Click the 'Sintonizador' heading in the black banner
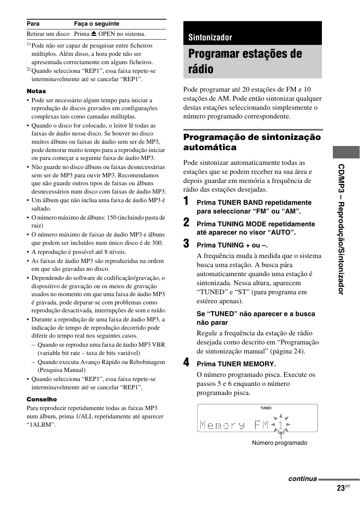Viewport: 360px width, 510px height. [210, 37]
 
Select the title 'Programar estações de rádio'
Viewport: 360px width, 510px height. [245, 61]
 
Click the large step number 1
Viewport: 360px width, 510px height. [186, 201]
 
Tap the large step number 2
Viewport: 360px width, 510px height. [186, 222]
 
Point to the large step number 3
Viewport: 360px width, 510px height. [186, 243]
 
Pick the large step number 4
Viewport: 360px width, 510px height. [186, 362]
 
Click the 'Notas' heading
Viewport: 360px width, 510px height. [36, 91]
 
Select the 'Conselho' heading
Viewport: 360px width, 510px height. [42, 399]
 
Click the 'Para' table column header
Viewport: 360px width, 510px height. [33, 24]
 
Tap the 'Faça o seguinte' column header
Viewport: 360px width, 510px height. [97, 24]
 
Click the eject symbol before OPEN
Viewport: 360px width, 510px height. [94, 34]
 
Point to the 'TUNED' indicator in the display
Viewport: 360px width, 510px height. [266, 408]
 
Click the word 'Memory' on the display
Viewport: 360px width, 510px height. [222, 426]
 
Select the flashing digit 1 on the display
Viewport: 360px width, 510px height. [281, 425]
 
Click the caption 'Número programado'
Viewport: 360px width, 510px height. [279, 443]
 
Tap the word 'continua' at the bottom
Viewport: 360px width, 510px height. [302, 479]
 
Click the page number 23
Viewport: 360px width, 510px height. [341, 488]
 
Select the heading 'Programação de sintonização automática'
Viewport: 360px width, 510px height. [252, 142]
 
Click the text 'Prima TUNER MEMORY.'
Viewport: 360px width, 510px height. [236, 364]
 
